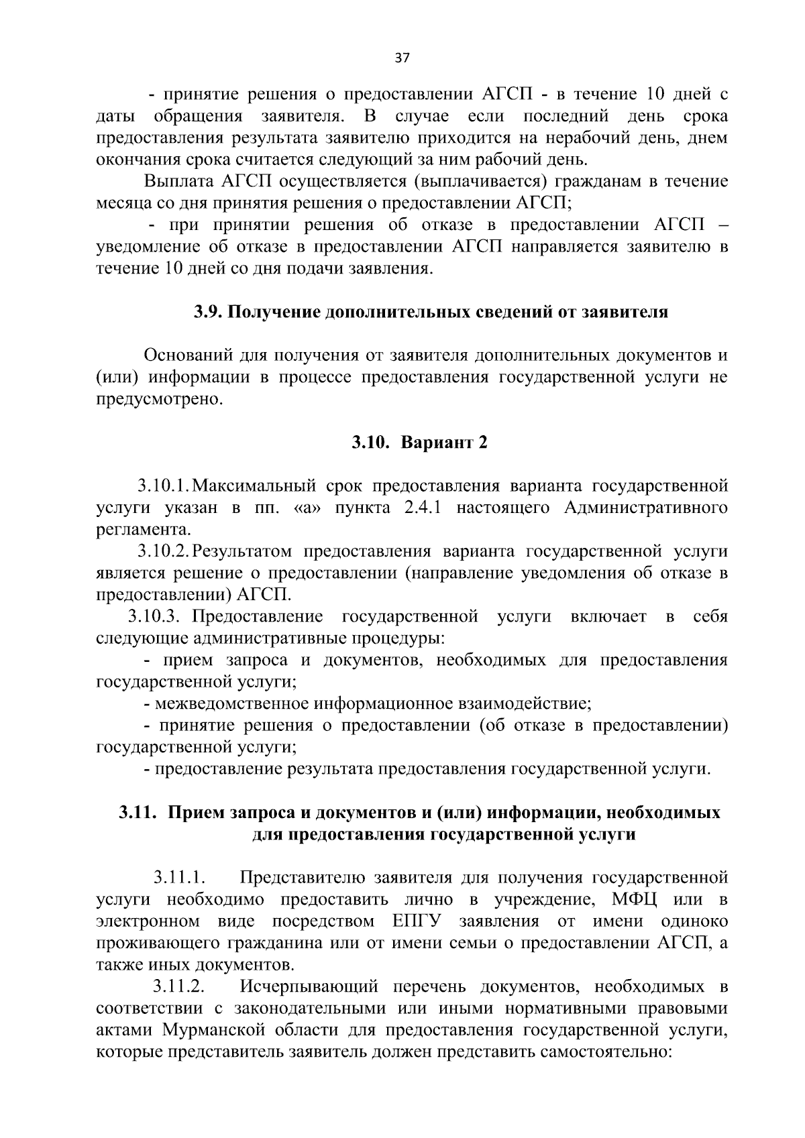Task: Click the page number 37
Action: coord(402,58)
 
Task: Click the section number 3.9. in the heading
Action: coord(207,312)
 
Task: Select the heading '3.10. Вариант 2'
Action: coord(419,443)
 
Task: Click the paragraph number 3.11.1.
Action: coord(178,877)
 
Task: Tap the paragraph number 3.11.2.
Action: coord(178,986)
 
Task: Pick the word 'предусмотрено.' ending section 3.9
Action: coord(158,400)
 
